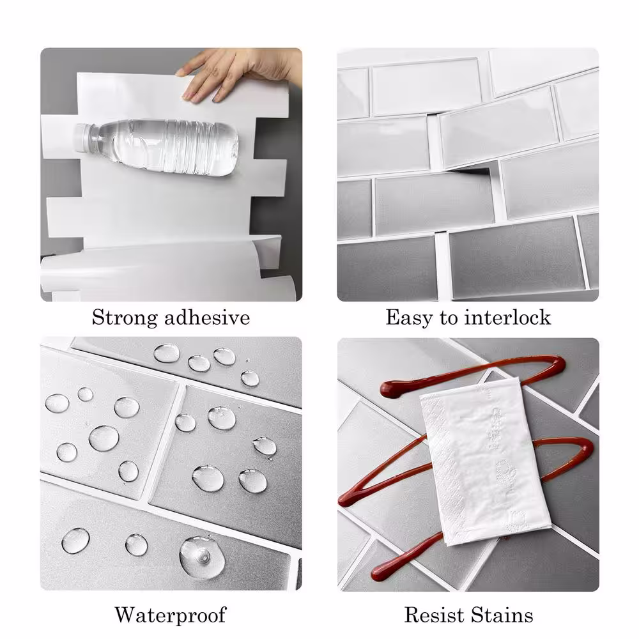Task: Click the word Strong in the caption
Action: pos(125,318)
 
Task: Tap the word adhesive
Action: pos(207,318)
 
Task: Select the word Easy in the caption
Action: pos(409,318)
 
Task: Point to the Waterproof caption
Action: pos(171,615)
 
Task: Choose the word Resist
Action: pos(434,615)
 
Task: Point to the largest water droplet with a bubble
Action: pos(202,557)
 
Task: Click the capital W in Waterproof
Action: pos(128,615)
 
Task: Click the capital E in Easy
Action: pos(393,318)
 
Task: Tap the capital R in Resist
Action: pos(413,615)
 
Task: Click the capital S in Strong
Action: pos(99,318)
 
